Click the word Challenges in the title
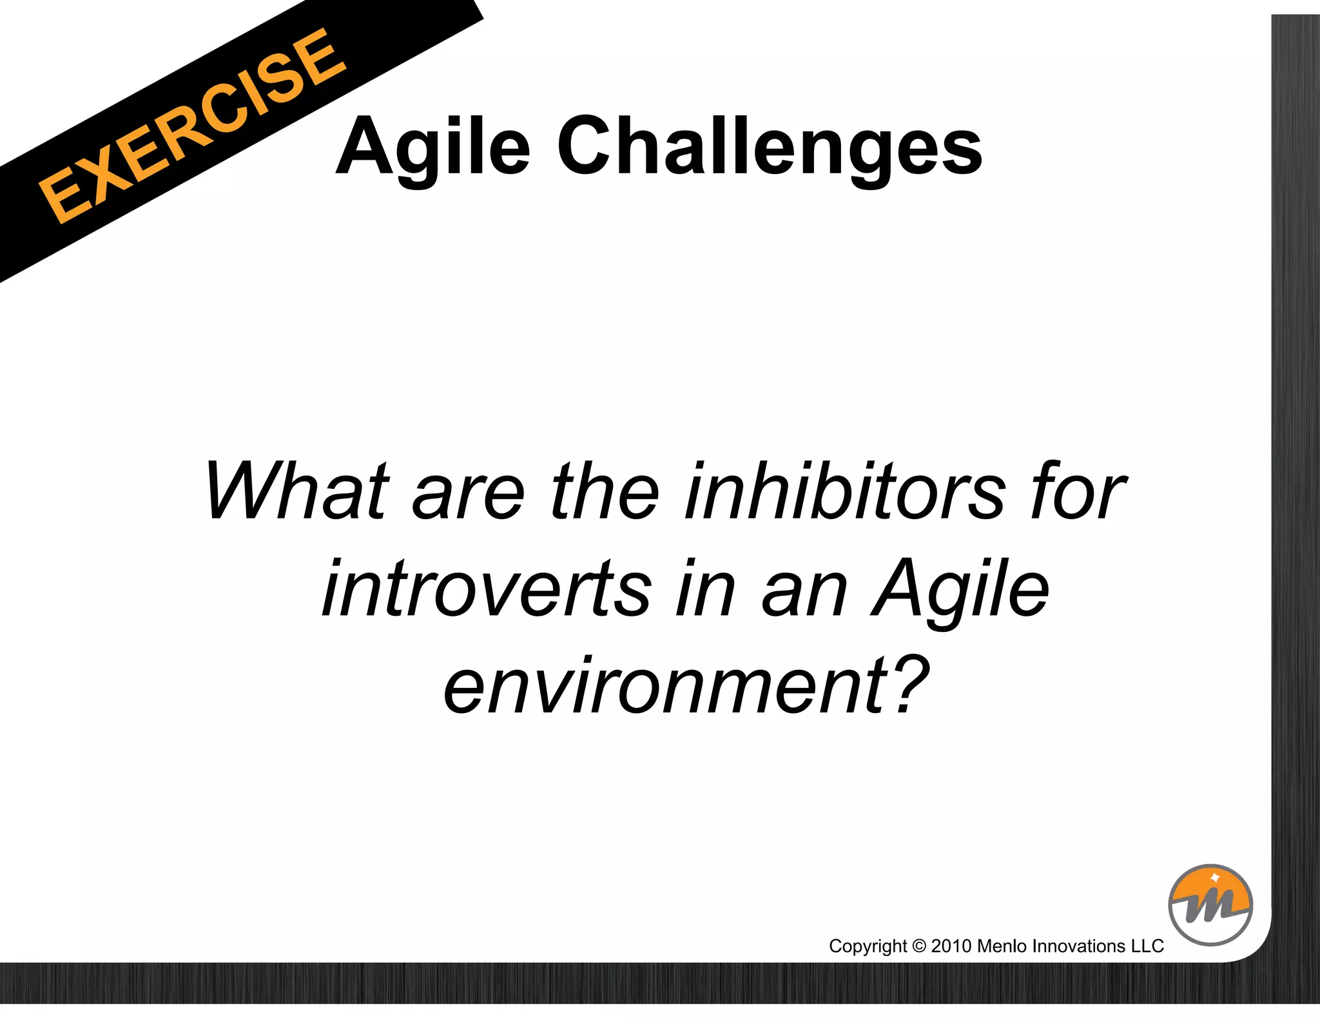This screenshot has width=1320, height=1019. pos(770,147)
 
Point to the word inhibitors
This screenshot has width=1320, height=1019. pos(845,493)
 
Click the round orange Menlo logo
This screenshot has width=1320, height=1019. pos(1210,905)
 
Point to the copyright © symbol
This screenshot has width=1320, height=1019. pos(919,946)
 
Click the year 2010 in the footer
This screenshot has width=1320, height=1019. pos(951,946)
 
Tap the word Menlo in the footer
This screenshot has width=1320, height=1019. pos(1002,946)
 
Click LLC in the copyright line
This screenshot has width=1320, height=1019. pos(1148,946)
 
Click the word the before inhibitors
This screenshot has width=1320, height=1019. pos(605,493)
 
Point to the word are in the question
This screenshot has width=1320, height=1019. pos(469,493)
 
